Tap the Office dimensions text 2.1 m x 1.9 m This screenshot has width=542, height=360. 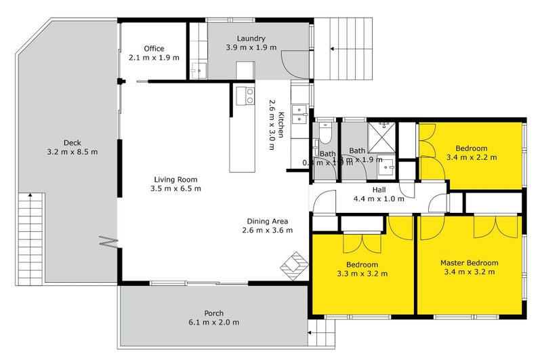tap(154, 58)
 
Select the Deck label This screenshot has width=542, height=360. tap(72, 142)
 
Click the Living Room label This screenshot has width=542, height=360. tap(175, 179)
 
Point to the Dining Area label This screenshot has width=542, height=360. tap(268, 221)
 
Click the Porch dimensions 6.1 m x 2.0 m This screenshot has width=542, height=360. tap(213, 323)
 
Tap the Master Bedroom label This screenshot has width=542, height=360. tap(469, 263)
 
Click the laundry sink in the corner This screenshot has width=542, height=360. tap(198, 68)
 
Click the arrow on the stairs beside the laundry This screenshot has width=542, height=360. tap(332, 48)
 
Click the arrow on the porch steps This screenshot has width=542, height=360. tap(311, 333)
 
